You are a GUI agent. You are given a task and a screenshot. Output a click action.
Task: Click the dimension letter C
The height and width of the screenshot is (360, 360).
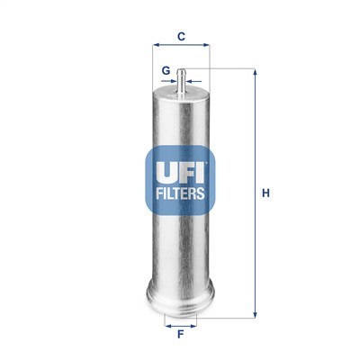181,37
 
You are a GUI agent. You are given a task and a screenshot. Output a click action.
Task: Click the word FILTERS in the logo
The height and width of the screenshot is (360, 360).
180,192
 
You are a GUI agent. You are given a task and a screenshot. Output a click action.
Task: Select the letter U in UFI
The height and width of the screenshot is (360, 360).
163,169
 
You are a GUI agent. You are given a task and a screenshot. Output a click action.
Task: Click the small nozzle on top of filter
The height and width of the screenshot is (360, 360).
181,79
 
